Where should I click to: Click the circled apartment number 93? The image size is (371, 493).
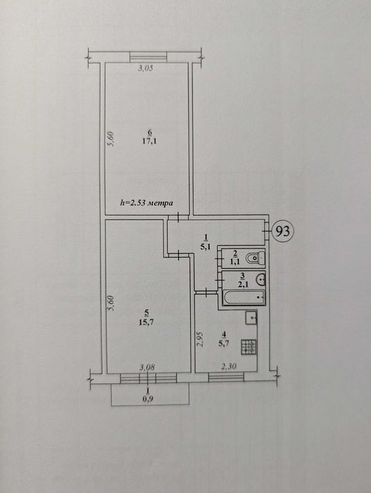click(282, 231)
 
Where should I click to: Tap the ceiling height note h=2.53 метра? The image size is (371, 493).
click(147, 203)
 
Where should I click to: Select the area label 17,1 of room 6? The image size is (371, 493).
click(149, 141)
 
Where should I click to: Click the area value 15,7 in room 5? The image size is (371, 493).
click(146, 322)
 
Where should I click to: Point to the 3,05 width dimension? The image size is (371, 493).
click(146, 68)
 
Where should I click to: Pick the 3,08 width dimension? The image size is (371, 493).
click(147, 367)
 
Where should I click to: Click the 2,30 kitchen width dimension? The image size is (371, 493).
click(229, 366)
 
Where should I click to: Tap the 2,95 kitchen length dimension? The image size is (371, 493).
click(200, 339)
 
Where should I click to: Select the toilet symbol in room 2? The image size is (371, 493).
click(256, 258)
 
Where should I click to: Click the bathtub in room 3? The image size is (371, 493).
click(244, 297)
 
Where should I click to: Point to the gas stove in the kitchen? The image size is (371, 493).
click(249, 347)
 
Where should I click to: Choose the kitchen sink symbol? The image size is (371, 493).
click(251, 318)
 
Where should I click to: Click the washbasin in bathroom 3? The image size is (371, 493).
click(261, 279)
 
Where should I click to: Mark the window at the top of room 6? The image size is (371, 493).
click(148, 57)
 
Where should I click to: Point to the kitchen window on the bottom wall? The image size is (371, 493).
click(227, 377)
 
